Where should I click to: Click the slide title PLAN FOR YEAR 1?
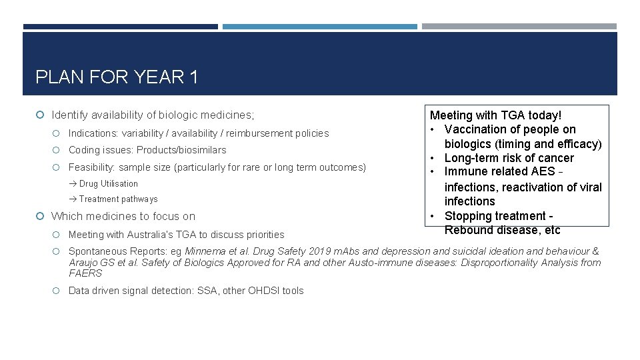[117, 77]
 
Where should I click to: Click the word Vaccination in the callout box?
[474, 129]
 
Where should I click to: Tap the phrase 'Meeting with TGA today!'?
[495, 115]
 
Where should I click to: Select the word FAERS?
[85, 273]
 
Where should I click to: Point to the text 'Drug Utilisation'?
[108, 184]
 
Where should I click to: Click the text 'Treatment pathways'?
[118, 199]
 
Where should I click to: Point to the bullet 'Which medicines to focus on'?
[123, 216]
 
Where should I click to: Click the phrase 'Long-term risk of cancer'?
[509, 158]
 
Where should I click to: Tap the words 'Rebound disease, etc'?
[502, 230]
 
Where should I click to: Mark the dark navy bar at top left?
[120, 27]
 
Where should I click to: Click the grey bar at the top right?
[519, 27]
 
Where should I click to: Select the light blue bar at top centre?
[319, 27]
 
